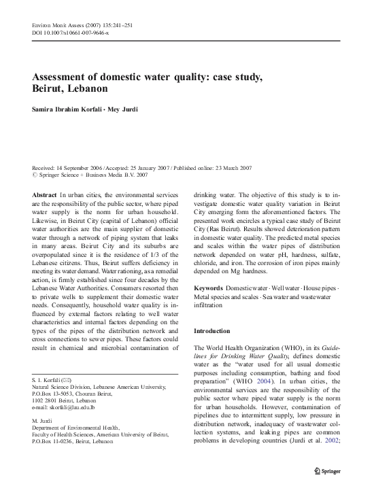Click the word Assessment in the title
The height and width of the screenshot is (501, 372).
(64, 77)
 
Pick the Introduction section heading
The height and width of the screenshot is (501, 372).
(213, 330)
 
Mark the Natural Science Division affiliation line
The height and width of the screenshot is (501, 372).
(99, 385)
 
